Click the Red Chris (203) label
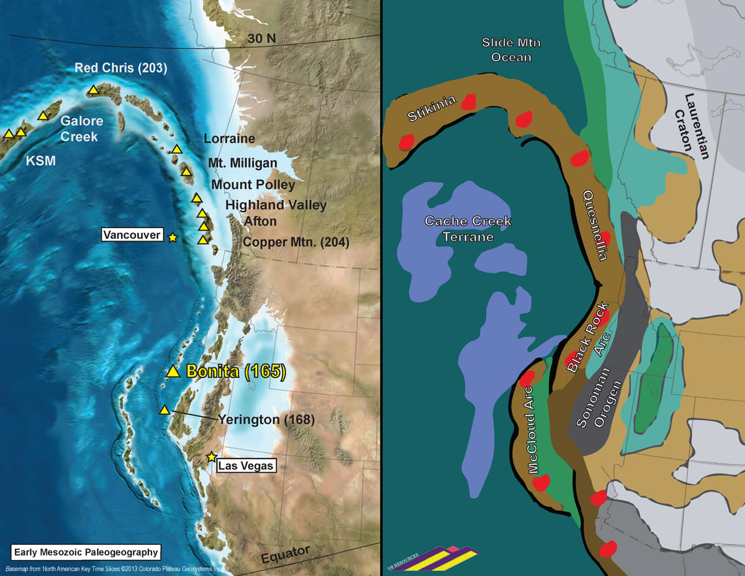(121, 68)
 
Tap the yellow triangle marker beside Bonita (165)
(174, 372)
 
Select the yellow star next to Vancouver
(172, 237)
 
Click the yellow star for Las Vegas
(212, 457)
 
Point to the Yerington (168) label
(266, 420)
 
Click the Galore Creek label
(81, 129)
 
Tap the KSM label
(40, 162)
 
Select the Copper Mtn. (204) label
(296, 243)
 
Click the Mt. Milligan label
(243, 163)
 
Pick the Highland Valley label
(276, 204)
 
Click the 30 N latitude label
(262, 39)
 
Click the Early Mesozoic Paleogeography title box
(86, 552)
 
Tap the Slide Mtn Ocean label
(507, 50)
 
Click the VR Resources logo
(435, 559)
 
